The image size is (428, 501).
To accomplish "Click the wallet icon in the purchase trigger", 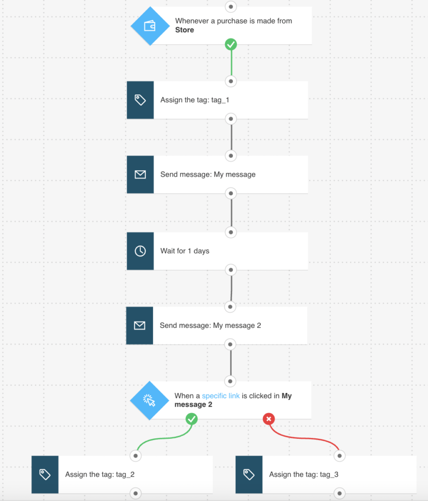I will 150,26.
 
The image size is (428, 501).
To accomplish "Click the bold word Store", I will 184,30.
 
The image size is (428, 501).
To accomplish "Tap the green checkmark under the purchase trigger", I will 231,45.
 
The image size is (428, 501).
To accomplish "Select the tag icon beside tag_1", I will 140,100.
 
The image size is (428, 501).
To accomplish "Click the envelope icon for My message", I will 140,175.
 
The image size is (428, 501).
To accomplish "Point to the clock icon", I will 140,251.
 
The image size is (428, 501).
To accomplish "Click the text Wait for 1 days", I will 184,251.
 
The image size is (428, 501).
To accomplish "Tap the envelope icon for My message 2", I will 139,325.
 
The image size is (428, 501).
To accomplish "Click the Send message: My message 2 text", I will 210,325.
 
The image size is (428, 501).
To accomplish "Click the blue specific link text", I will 221,396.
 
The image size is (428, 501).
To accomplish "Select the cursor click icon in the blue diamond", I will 149,401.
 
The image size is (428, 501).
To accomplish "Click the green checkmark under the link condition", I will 191,419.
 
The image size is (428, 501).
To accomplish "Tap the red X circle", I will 269,419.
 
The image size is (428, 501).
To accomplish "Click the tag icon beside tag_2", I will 45,475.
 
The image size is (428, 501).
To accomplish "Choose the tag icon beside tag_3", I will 249,475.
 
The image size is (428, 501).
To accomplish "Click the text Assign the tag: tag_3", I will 304,475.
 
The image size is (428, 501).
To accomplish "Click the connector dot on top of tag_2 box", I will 135,455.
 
